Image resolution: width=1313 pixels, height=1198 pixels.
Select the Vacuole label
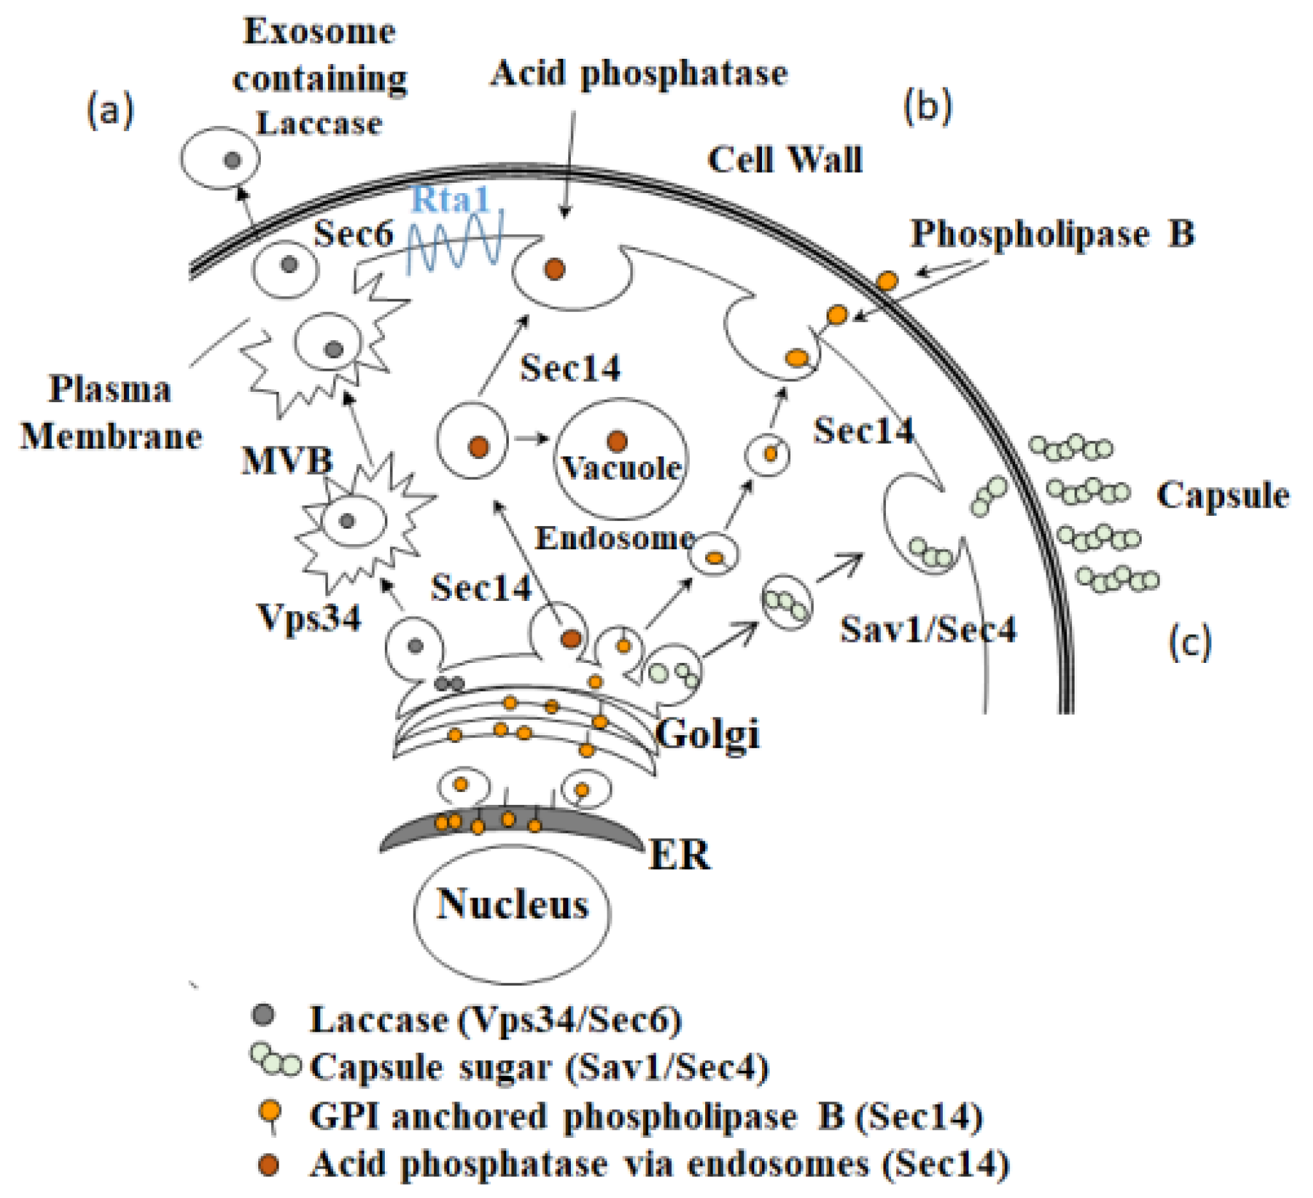(x=622, y=468)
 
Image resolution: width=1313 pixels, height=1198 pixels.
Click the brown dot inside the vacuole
(x=617, y=441)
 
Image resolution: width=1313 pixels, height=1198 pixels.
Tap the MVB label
(x=287, y=461)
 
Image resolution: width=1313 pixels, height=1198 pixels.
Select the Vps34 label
(x=309, y=616)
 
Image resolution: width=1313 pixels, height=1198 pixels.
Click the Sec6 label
(x=353, y=233)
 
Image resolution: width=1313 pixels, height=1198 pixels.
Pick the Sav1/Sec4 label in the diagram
(x=928, y=629)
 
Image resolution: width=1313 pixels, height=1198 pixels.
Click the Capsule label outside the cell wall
(x=1222, y=495)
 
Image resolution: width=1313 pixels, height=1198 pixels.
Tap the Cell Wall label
(x=785, y=160)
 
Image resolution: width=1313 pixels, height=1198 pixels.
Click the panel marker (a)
(x=110, y=109)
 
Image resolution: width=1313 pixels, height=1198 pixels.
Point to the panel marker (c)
(x=1190, y=642)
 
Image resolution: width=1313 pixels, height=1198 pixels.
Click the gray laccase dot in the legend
(x=264, y=1015)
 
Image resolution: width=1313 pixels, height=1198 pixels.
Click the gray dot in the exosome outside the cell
(x=233, y=160)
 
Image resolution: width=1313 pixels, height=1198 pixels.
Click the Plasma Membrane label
(x=111, y=412)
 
